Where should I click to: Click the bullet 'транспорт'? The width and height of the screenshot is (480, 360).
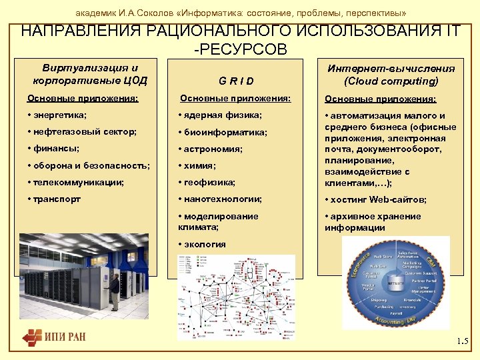click(56, 199)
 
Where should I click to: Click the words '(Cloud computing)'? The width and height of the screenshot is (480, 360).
click(391, 81)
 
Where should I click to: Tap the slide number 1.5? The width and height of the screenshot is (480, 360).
click(463, 342)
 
